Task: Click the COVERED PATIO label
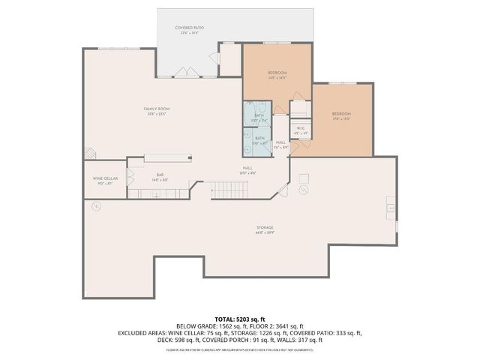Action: tap(190, 28)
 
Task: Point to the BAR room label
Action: tap(160, 175)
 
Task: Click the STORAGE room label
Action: tap(263, 226)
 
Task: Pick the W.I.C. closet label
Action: tap(300, 128)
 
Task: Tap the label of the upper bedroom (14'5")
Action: tap(277, 73)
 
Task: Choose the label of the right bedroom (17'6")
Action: tap(341, 113)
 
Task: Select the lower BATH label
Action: tap(259, 138)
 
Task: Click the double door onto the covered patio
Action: tap(184, 71)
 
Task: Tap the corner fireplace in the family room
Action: tap(89, 153)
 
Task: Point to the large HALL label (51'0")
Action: tap(247, 168)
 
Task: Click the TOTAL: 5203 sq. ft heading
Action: tap(240, 319)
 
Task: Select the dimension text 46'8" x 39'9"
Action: tap(263, 232)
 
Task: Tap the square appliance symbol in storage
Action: tap(304, 178)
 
